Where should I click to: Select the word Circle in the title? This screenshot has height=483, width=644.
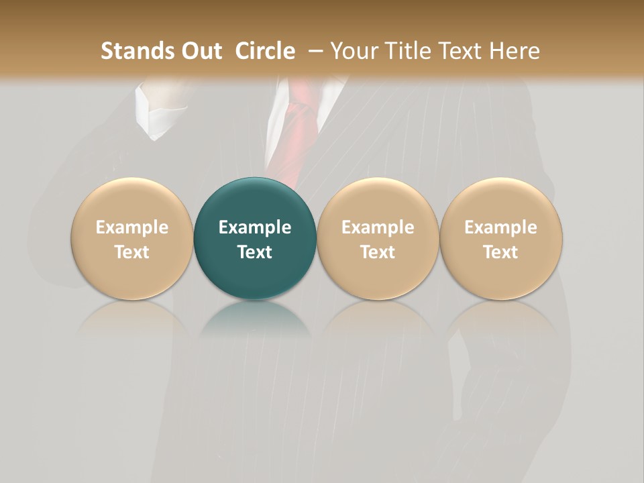tap(265, 52)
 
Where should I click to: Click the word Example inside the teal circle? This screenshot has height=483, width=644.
tap(255, 227)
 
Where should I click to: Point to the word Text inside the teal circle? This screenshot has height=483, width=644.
tap(255, 252)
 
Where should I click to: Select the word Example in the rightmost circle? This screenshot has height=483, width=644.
tap(501, 227)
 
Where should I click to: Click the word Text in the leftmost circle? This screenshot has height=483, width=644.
tap(131, 252)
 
